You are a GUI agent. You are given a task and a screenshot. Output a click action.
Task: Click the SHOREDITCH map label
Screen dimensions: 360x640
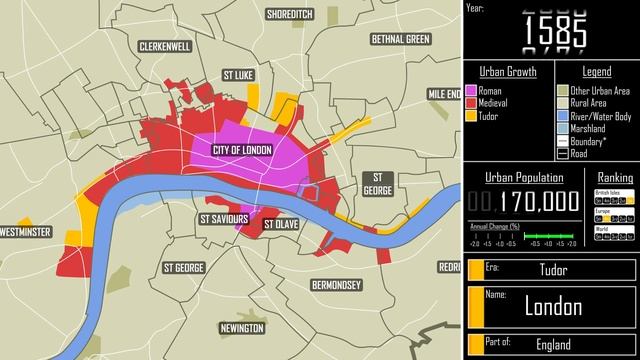click(289, 14)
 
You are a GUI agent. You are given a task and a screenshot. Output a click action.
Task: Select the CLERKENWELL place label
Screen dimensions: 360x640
click(167, 47)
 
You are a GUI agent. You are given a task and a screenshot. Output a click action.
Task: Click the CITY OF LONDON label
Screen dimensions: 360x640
click(243, 150)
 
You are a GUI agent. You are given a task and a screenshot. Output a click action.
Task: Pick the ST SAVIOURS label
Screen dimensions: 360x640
click(224, 218)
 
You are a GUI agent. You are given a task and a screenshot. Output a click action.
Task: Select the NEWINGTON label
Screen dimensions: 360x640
click(242, 328)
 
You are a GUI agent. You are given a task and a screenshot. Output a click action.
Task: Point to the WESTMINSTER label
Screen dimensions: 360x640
click(25, 232)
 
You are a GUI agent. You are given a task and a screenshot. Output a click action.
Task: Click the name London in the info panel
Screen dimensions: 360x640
click(553, 306)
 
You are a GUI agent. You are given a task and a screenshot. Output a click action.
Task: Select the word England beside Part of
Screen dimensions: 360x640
click(553, 345)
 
